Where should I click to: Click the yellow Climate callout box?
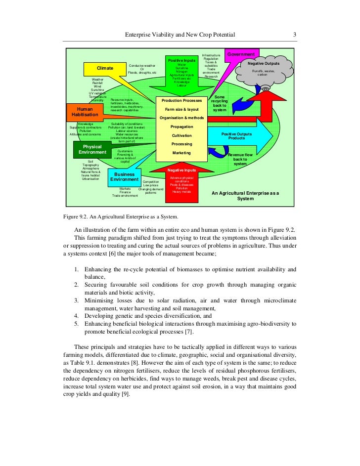pyautogui.click(x=105, y=68)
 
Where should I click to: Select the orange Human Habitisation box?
pyautogui.click(x=85, y=112)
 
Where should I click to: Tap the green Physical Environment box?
pyautogui.click(x=92, y=149)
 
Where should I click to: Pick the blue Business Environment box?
pyautogui.click(x=124, y=177)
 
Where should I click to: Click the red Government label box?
pyautogui.click(x=241, y=54)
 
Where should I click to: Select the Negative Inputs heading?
pyautogui.click(x=181, y=170)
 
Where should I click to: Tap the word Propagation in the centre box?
pyautogui.click(x=181, y=127)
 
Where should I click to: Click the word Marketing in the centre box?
pyautogui.click(x=181, y=153)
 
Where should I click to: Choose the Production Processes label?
pyautogui.click(x=181, y=100)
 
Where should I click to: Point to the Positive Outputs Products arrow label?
pyautogui.click(x=236, y=136)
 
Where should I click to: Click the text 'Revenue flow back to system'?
pyautogui.click(x=240, y=159)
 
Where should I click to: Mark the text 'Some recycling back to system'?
pyautogui.click(x=220, y=104)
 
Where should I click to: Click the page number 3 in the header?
pyautogui.click(x=294, y=35)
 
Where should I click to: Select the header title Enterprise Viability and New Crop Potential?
pyautogui.click(x=180, y=35)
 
